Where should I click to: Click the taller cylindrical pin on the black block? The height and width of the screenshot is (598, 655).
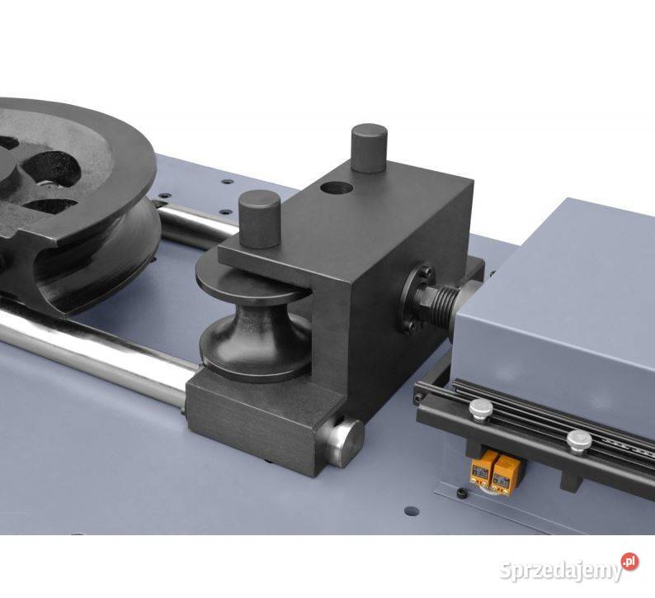click(369, 149)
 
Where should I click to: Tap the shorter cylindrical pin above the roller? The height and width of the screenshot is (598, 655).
click(259, 219)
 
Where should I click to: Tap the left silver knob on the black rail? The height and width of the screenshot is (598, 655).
click(481, 408)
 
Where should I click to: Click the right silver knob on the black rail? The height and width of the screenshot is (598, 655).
click(579, 440)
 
